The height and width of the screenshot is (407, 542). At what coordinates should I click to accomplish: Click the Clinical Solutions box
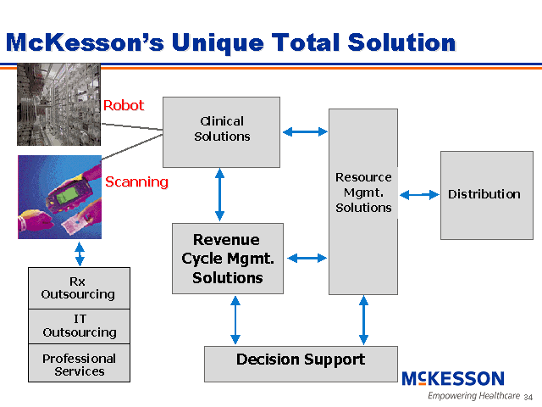[221, 131]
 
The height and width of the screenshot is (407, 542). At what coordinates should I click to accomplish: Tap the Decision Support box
[301, 363]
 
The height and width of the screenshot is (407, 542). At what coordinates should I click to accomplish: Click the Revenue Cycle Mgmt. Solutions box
[227, 258]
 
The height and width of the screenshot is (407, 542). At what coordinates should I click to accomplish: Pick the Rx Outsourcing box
[79, 288]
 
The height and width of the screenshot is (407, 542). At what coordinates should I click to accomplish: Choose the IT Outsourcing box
[79, 326]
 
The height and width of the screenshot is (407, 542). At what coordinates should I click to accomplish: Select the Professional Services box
[79, 364]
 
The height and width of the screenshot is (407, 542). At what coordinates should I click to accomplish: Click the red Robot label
[124, 106]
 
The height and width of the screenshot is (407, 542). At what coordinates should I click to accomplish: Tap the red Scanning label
[136, 181]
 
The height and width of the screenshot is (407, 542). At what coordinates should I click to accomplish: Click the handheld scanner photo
[59, 197]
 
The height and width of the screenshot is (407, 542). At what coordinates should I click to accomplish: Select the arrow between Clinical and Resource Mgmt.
[304, 131]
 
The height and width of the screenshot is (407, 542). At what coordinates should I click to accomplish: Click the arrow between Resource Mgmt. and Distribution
[418, 195]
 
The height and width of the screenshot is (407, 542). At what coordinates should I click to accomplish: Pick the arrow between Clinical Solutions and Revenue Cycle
[220, 194]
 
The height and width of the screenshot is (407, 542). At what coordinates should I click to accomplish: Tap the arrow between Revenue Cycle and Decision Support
[235, 320]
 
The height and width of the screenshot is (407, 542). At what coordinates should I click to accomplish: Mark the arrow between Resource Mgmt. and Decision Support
[364, 320]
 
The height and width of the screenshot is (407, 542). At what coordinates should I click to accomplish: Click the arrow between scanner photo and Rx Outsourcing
[80, 253]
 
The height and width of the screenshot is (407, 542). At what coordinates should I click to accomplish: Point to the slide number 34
[528, 397]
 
